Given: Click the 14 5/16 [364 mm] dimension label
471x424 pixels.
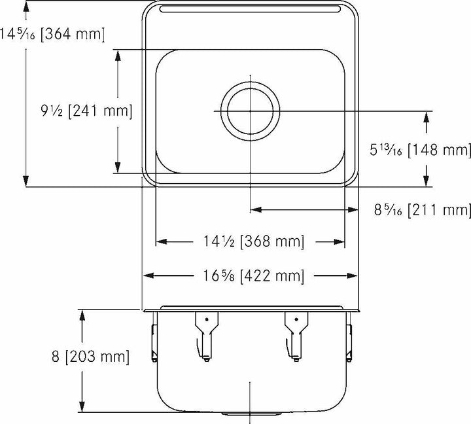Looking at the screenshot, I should click(52, 33).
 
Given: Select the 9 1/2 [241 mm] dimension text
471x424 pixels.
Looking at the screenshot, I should click(86, 111).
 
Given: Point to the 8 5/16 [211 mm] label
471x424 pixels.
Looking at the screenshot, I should click(423, 210).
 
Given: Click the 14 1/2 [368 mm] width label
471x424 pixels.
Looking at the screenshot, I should click(251, 242).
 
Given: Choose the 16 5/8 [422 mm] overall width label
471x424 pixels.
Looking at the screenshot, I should click(251, 276).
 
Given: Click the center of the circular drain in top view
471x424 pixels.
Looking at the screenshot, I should click(251, 111).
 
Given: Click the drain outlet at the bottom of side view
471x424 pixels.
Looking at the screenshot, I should click(251, 414).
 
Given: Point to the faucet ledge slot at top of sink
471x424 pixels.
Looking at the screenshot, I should click(251, 9).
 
